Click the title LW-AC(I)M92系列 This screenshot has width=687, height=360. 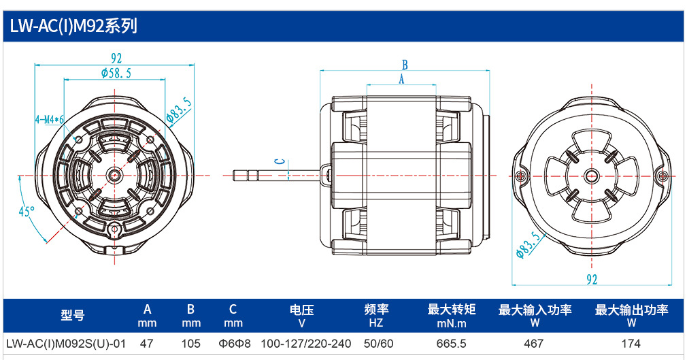73,27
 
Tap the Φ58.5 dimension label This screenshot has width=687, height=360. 116,73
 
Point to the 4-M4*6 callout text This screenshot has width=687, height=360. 50,119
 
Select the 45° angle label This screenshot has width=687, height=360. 27,212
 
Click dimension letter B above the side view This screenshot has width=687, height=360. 405,65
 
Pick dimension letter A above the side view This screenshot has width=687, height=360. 401,80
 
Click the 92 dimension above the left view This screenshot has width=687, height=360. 116,58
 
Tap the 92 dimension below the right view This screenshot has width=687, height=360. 592,279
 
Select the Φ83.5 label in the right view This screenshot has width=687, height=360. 529,245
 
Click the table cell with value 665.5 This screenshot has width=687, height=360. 451,344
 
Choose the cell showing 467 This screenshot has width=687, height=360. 534,344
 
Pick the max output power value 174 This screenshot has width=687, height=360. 631,344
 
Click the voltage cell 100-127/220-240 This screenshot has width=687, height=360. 306,344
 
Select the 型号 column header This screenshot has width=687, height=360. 73,315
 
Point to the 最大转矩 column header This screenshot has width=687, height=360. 451,310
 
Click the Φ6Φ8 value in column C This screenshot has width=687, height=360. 235,344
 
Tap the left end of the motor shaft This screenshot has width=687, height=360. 233,176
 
